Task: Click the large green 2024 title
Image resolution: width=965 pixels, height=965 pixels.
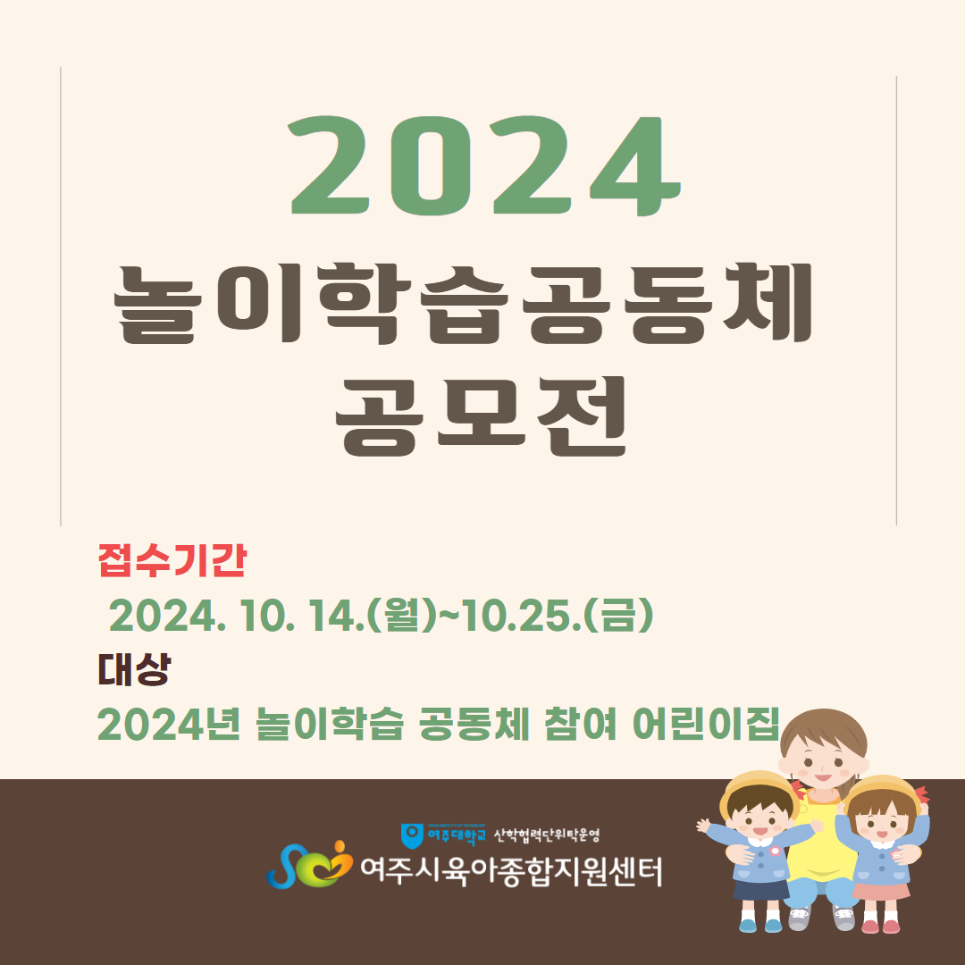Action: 484,166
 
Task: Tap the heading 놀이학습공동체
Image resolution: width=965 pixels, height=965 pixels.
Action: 464,304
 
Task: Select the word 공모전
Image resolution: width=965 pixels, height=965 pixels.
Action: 482,416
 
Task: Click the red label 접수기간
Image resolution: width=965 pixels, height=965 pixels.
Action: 172,560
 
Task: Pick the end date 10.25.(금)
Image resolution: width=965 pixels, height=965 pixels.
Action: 557,616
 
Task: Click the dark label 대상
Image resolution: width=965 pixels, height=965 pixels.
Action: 133,669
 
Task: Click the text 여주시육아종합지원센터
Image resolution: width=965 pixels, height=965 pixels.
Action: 511,871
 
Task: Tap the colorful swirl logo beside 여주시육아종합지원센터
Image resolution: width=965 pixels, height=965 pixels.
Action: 309,865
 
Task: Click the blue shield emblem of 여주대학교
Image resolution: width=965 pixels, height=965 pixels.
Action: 412,835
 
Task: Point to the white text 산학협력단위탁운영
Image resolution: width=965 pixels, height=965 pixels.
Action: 547,835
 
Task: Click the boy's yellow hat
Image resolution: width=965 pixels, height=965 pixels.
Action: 760,791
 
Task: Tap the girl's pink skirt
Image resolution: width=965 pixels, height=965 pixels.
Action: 881,890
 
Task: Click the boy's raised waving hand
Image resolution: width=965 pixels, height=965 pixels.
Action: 703,826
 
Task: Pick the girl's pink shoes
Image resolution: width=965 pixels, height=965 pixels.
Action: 880,926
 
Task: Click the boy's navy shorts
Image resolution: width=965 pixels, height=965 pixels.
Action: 761,889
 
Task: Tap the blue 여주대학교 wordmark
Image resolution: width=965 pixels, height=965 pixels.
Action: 456,835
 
